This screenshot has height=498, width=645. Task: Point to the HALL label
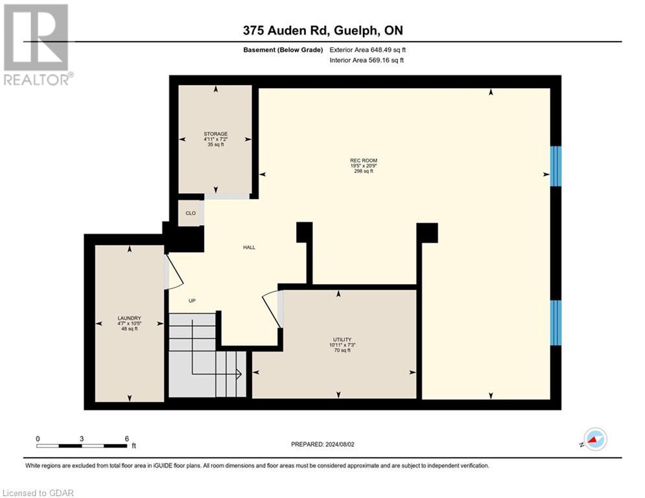pos(249,247)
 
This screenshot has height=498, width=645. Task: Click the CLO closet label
pos(191,213)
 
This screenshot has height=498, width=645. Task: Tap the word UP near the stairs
pos(192,301)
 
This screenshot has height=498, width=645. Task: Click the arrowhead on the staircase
pos(239,373)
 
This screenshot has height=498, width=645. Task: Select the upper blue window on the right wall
pos(556,166)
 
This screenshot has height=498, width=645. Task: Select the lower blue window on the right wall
pos(556,322)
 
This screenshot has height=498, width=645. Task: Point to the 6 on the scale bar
pos(126,438)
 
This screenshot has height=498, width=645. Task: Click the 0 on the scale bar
pos(38,438)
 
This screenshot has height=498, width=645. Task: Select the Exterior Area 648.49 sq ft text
pos(368,50)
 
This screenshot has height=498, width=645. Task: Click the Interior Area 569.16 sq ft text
pos(366,60)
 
